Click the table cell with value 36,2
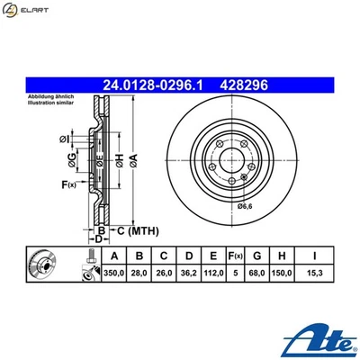[192, 271]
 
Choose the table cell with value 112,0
[216, 271]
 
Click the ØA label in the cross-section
[133, 160]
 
